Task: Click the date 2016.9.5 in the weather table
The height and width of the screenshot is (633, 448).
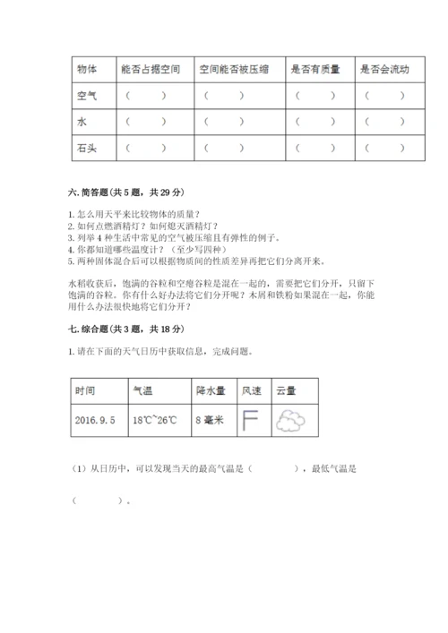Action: [96, 418]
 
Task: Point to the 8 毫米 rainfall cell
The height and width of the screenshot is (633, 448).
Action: [211, 418]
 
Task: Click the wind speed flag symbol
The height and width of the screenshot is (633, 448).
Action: [250, 418]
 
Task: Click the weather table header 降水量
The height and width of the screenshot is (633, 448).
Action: [211, 390]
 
